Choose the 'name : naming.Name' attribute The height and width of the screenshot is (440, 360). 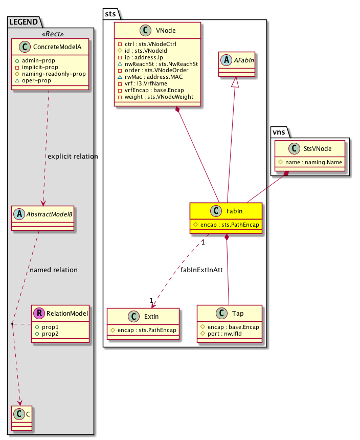tap(312, 163)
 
